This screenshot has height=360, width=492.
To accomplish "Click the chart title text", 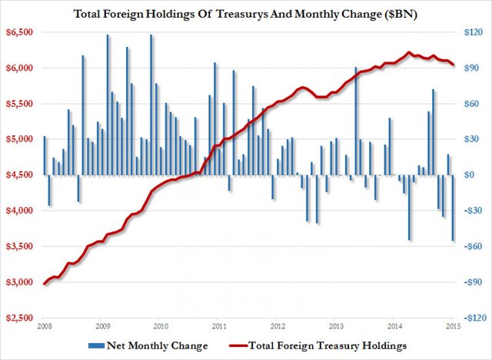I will click(247, 13).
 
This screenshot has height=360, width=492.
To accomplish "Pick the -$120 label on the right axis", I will click(470, 318).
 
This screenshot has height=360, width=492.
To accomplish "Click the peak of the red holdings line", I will click(409, 52).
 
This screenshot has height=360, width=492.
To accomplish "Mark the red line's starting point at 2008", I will click(45, 284).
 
